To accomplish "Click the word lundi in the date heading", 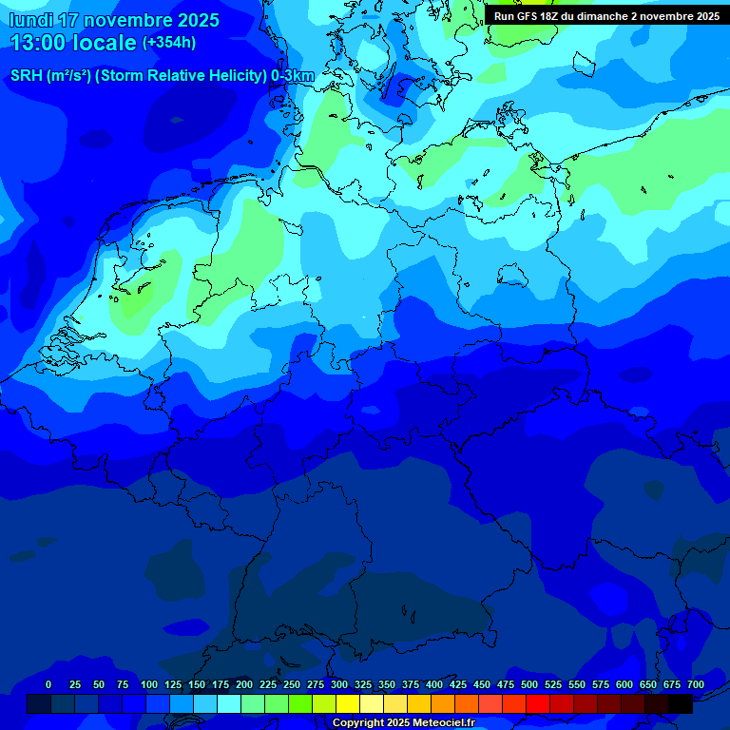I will [x=30, y=20].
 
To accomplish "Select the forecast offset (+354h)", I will [x=169, y=43].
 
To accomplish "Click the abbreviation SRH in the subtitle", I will [x=27, y=76].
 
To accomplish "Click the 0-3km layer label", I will [x=293, y=76].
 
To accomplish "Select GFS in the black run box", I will [x=528, y=16].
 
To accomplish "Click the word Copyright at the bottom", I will [x=358, y=723].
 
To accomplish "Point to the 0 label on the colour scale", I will [x=48, y=684].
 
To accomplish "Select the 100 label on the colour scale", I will [x=149, y=684].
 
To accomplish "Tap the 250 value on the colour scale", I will [x=292, y=684].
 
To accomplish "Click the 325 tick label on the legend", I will [x=363, y=684].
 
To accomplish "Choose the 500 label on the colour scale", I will [x=529, y=684].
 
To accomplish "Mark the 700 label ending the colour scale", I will [x=696, y=684].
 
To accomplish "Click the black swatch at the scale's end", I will [x=681, y=703].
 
